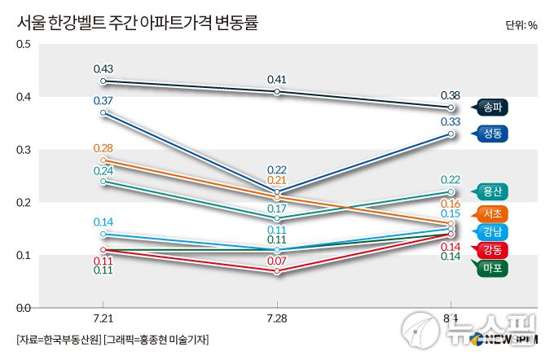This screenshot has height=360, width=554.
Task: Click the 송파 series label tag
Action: (x=492, y=108)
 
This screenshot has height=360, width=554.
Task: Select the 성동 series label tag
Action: (x=492, y=134)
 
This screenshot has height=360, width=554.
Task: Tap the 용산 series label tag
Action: (x=492, y=192)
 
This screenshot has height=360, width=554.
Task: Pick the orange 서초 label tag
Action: (x=492, y=213)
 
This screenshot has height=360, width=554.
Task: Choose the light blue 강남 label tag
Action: (x=492, y=231)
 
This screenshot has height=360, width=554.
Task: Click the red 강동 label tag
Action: (x=492, y=249)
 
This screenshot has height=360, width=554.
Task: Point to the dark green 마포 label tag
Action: (x=492, y=267)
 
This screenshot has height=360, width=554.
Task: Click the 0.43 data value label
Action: (x=103, y=68)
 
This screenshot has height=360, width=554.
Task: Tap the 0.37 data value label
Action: (x=103, y=100)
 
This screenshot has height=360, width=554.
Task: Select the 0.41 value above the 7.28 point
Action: (x=277, y=79)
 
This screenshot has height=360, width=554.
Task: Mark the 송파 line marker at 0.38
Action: (x=451, y=108)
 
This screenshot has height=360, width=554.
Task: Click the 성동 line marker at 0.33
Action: (x=451, y=134)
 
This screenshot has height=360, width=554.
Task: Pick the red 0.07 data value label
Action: (x=277, y=261)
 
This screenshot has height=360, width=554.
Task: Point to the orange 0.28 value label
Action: (x=103, y=147)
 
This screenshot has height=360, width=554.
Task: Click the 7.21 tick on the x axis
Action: (x=103, y=318)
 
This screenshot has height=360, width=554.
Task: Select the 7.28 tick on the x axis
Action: (x=277, y=318)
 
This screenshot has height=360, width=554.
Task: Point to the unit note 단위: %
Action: (x=521, y=24)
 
